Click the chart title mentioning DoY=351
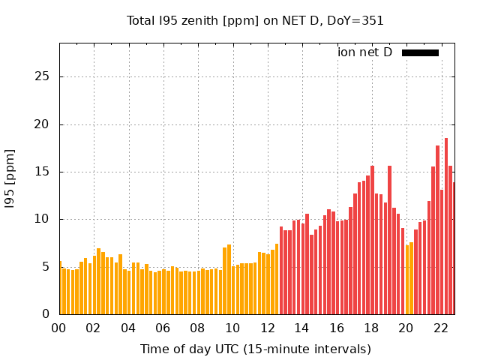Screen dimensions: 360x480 tap(255, 21)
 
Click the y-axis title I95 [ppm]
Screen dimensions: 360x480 tap(10, 178)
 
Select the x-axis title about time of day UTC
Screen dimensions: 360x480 tap(255, 349)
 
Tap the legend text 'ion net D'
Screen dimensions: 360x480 tap(364, 52)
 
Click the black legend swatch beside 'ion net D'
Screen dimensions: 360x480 tap(420, 52)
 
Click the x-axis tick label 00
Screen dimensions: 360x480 tap(59, 328)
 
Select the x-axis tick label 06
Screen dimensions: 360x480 tap(163, 328)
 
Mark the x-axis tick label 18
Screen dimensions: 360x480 tap(371, 328)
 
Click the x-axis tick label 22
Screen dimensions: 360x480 tap(441, 328)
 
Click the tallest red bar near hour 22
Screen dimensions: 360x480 tap(446, 225)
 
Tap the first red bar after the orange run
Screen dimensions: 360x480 tap(281, 270)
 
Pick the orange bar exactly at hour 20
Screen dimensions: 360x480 tap(407, 279)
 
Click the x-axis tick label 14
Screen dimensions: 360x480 tap(302, 328)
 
